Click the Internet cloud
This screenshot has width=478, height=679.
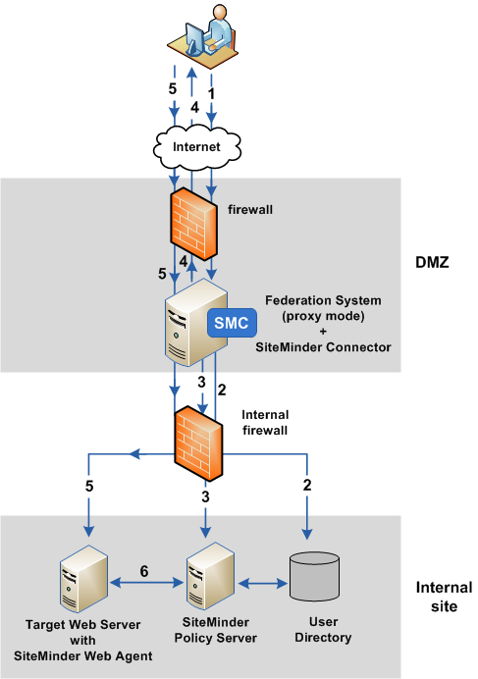click(x=196, y=147)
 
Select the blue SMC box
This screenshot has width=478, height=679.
click(x=231, y=322)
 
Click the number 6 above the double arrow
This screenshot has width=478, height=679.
click(x=145, y=568)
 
